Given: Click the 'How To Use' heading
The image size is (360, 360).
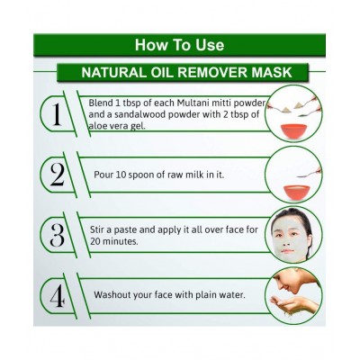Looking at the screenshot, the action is pyautogui.click(x=179, y=45).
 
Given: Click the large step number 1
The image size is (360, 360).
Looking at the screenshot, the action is pyautogui.click(x=57, y=114).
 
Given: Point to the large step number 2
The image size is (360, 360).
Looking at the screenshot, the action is pyautogui.click(x=57, y=175).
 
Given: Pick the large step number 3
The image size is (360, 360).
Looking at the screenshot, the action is pyautogui.click(x=57, y=236).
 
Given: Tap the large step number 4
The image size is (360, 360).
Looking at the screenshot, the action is pyautogui.click(x=57, y=296).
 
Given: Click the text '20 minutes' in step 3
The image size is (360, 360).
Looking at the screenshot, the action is pyautogui.click(x=114, y=242).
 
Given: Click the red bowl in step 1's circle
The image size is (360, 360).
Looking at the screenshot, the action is pyautogui.click(x=293, y=131).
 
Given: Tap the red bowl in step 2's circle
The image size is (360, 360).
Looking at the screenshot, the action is pyautogui.click(x=296, y=193).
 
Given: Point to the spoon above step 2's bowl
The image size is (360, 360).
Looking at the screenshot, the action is pyautogui.click(x=309, y=173).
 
